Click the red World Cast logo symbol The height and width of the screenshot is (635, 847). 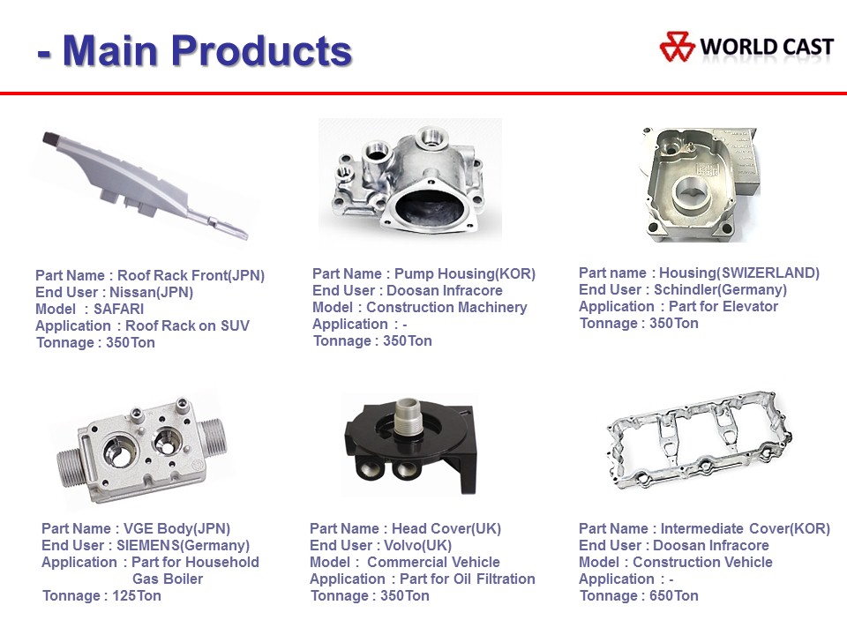pos(677,47)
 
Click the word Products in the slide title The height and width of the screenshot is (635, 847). pos(261,51)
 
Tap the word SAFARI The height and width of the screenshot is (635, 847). pos(119,309)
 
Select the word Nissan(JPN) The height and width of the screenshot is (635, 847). pos(151,292)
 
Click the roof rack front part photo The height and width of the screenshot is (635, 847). pos(145,184)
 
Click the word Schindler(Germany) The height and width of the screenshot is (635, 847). pos(721,289)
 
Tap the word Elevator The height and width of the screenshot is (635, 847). pos(750,306)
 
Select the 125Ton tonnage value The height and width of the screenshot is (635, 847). pos(137,595)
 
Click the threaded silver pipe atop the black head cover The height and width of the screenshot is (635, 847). pos(408,416)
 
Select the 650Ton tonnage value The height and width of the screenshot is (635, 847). pos(674,595)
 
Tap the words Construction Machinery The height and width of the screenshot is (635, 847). pos(446,307)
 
